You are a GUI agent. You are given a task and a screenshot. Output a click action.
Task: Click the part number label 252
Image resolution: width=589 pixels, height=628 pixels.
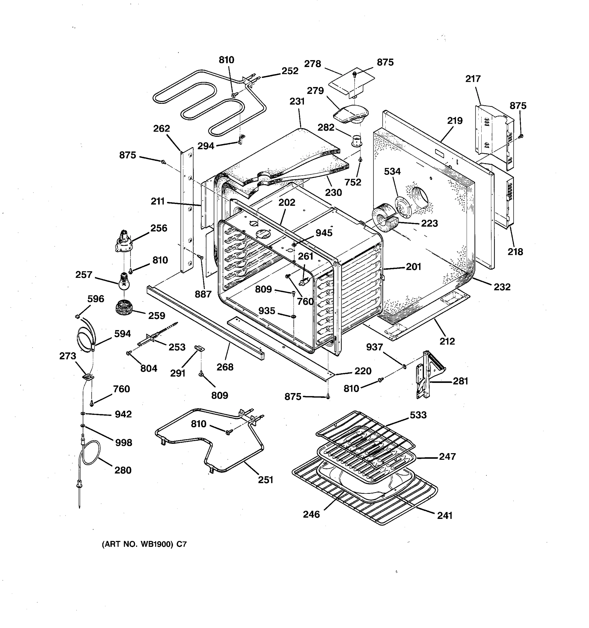click(290, 71)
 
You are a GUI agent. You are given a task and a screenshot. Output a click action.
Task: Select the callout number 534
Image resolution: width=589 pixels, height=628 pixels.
click(392, 172)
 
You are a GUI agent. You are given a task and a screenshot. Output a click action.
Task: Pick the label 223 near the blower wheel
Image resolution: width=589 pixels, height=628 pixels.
click(429, 223)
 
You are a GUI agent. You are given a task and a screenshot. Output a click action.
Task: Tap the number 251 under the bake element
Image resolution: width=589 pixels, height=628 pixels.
click(265, 480)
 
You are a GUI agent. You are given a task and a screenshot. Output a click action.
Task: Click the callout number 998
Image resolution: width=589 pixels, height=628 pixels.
click(123, 442)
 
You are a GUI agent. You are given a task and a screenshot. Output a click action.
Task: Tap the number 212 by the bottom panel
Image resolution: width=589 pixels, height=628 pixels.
click(447, 341)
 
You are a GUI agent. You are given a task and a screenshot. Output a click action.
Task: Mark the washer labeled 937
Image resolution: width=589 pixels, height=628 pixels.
click(404, 366)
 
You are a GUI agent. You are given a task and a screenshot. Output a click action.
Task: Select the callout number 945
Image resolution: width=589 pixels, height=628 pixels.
click(324, 233)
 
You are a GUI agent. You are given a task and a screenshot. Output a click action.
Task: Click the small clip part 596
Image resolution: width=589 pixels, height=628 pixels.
click(77, 316)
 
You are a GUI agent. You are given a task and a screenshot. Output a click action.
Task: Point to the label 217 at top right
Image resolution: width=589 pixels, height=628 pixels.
click(473, 79)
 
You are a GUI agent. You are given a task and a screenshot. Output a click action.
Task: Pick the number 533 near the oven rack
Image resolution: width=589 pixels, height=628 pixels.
click(418, 415)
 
